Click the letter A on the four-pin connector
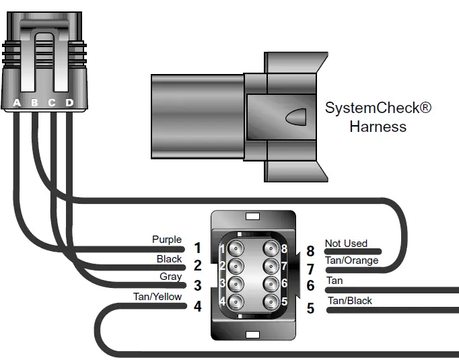coord(17,103)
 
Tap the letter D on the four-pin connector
coord(69,103)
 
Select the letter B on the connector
coord(34,103)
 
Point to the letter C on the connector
coord(52,103)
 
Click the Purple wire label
coord(167,240)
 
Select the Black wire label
coord(169,258)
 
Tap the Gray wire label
coord(171,277)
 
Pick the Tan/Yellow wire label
coord(157,297)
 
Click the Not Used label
coord(346,244)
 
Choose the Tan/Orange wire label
coord(351,260)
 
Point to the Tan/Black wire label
coord(349,300)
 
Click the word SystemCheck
coord(378,108)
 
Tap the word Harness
coord(378,127)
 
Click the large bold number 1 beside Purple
coord(197,248)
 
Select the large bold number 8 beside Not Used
coord(310,251)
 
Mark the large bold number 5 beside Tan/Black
coord(310,309)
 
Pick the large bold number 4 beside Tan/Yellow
coord(197,306)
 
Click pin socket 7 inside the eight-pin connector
coord(271,266)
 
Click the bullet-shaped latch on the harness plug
coord(296,118)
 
